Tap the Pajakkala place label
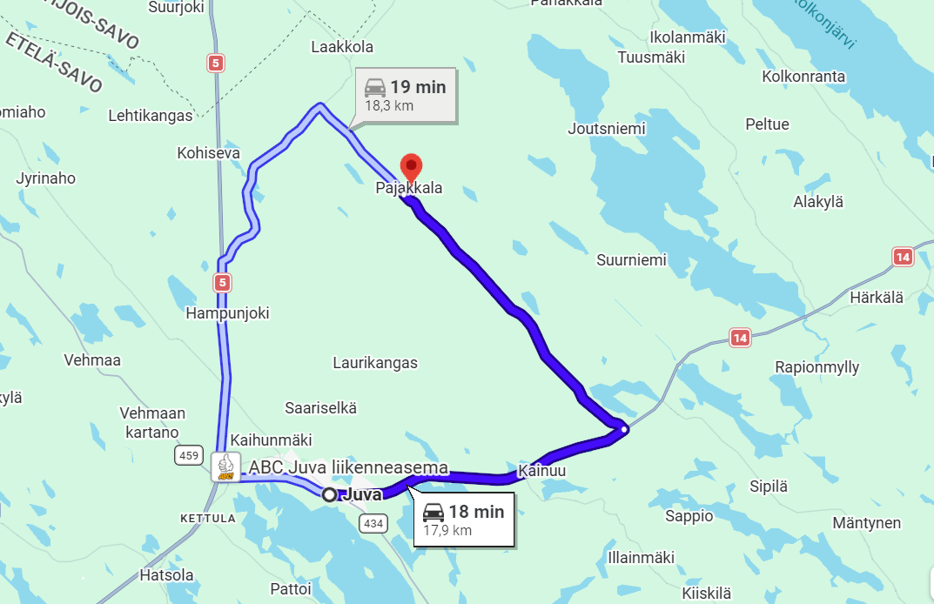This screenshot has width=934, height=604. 408,188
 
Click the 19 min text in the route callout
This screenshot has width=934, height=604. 418,87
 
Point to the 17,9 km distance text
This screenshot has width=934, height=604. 447,530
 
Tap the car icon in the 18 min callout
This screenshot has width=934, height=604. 433,513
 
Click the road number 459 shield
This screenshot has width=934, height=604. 187,455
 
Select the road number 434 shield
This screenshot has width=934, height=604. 373,523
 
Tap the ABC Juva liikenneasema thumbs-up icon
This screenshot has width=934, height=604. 226,466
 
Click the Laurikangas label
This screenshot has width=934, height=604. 375,363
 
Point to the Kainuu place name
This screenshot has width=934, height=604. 541,471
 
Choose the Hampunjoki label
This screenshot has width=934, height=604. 228,313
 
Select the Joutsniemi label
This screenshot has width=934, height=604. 607,129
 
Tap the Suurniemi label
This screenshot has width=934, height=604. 631,259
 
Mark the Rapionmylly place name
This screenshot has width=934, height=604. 817,367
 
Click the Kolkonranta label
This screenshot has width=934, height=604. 803,77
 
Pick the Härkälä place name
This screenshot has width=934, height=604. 877,298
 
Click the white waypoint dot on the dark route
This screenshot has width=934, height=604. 623,428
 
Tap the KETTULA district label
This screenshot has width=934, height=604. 207,518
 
